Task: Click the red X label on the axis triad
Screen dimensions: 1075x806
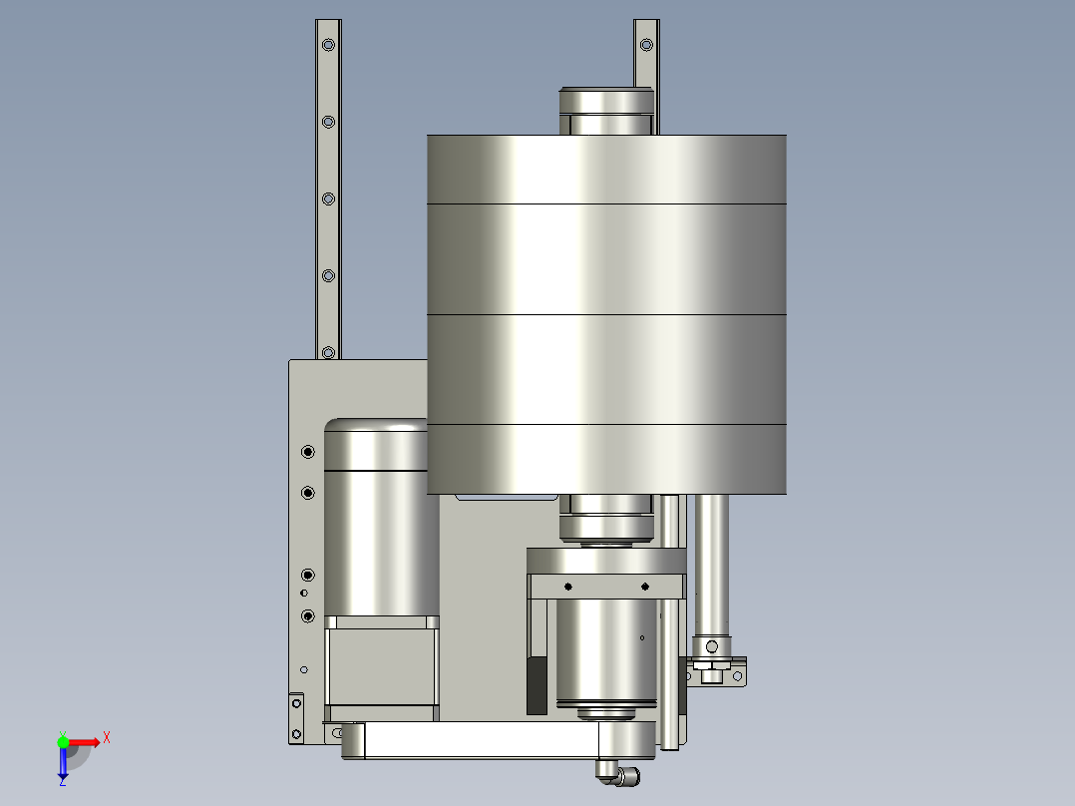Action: point(107,738)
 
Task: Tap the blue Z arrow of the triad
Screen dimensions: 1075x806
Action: point(63,763)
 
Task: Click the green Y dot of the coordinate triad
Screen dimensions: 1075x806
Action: point(63,742)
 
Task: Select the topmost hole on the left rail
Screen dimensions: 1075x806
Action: point(328,45)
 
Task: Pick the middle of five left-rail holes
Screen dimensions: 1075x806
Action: point(328,199)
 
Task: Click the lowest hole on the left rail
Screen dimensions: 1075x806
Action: point(328,352)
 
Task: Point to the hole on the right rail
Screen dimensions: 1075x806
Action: point(646,45)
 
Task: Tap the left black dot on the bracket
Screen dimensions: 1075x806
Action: point(568,587)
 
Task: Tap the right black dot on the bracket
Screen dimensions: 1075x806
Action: point(645,587)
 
